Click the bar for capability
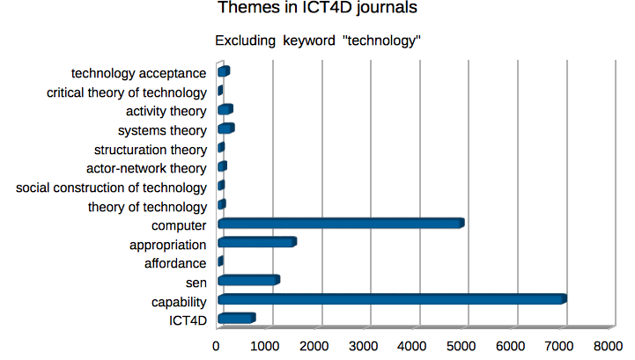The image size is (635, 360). point(392,299)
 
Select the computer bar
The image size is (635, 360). point(340,224)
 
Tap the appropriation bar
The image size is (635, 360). point(256,242)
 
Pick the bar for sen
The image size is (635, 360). point(247,281)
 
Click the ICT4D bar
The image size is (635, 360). point(236,319)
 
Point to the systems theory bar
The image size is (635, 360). point(225,129)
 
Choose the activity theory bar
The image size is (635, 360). point(225,110)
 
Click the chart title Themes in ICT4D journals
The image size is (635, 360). point(317,10)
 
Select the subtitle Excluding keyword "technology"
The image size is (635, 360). point(318,40)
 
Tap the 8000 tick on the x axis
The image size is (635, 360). point(609,348)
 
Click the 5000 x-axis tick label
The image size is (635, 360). point(461,348)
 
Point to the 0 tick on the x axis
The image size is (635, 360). point(218,348)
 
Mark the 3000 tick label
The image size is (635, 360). point(364,348)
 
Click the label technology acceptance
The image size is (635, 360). point(139,73)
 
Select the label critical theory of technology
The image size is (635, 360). point(127,92)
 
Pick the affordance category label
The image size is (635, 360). point(174,263)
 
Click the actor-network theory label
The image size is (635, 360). point(146,168)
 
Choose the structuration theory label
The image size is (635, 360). point(150,150)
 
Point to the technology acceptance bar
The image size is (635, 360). point(223,71)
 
